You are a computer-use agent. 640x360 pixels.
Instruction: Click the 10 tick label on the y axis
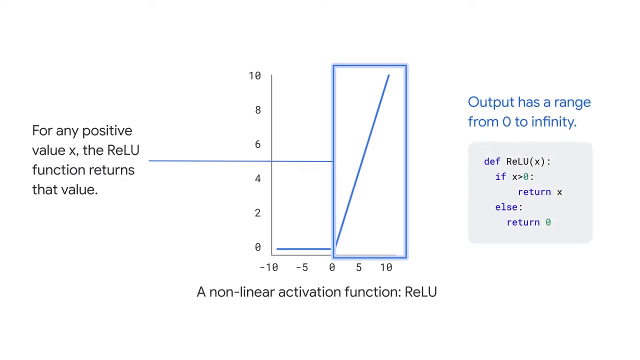pyautogui.click(x=254, y=76)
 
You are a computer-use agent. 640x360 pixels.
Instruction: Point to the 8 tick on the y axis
pyautogui.click(x=257, y=110)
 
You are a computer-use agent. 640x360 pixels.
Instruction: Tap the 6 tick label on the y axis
pyautogui.click(x=257, y=144)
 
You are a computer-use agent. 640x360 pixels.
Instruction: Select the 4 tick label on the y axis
pyautogui.click(x=257, y=178)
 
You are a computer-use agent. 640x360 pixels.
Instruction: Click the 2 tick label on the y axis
pyautogui.click(x=257, y=213)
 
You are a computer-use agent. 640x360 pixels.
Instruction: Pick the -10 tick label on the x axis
pyautogui.click(x=268, y=267)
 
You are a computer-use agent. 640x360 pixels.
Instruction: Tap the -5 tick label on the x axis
pyautogui.click(x=301, y=267)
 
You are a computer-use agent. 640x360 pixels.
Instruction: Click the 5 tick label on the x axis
pyautogui.click(x=358, y=267)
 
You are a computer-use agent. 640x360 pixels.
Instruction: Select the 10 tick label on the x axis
pyautogui.click(x=386, y=267)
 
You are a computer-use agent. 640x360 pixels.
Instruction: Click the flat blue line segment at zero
pyautogui.click(x=303, y=248)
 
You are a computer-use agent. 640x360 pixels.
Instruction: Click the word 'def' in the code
pyautogui.click(x=492, y=161)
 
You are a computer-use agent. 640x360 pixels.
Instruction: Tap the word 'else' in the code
pyautogui.click(x=507, y=207)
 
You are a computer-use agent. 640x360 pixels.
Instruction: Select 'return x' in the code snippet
pyautogui.click(x=540, y=192)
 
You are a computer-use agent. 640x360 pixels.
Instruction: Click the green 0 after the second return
pyautogui.click(x=548, y=222)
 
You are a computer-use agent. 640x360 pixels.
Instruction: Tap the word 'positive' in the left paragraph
pyautogui.click(x=107, y=131)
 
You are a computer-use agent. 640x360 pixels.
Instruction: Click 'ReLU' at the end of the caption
pyautogui.click(x=420, y=292)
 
